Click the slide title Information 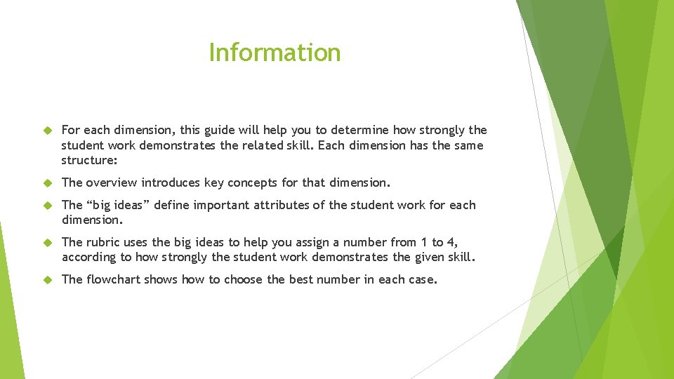pyautogui.click(x=275, y=53)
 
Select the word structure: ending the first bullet pyautogui.click(x=89, y=160)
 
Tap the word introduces pyautogui.click(x=170, y=182)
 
